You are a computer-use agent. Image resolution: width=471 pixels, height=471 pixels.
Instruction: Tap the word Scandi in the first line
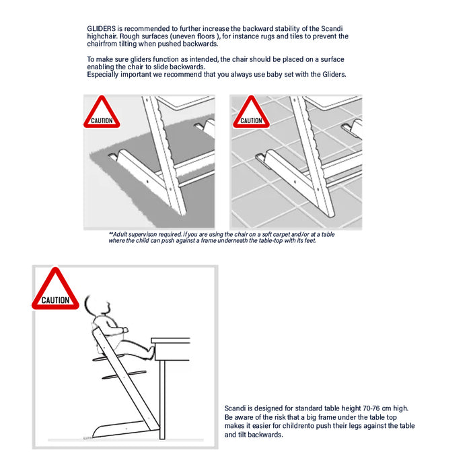pos(332,28)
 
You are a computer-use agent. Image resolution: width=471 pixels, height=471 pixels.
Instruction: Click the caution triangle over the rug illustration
pos(102,112)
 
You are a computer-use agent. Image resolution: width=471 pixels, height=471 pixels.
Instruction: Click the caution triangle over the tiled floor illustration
pos(251,112)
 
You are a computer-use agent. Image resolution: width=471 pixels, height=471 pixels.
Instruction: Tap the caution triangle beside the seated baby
pos(55,289)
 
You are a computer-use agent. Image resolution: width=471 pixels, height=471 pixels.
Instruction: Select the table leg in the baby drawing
pos(162,400)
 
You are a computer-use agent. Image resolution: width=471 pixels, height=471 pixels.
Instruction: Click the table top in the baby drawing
pos(171,340)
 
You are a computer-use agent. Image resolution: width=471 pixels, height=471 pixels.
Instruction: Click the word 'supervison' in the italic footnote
pos(143,235)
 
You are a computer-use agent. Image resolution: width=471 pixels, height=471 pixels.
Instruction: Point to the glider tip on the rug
pos(112,157)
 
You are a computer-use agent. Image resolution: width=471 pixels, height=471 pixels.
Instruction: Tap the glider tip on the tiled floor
pos(260,157)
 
